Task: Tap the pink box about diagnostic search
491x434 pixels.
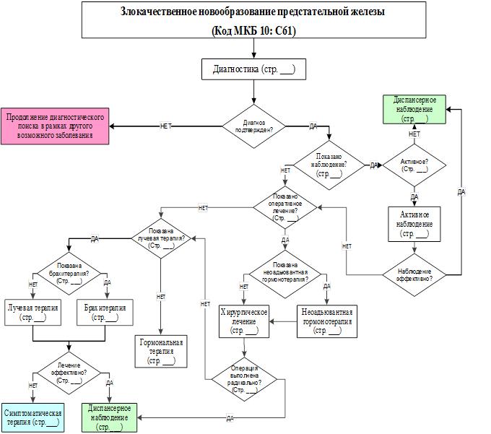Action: coord(56,126)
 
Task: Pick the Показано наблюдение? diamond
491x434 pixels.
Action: coord(329,165)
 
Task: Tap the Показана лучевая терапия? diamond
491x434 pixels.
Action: coord(162,235)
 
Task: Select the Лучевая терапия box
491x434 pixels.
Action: coord(33,312)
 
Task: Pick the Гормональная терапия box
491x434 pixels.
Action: coord(162,351)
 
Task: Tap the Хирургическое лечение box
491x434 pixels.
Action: coord(244,321)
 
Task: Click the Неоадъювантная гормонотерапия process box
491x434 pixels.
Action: coord(326,321)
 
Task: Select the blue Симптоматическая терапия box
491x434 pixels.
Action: coord(32,417)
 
